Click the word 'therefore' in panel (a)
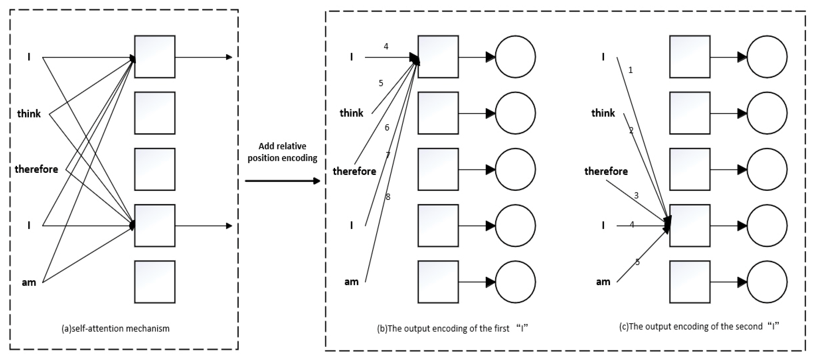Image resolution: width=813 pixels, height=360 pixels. pyautogui.click(x=36, y=169)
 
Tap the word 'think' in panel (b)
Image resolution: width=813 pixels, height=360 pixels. pyautogui.click(x=351, y=113)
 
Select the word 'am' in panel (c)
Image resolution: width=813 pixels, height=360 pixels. pyautogui.click(x=603, y=282)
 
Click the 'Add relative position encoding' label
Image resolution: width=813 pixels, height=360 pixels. pyautogui.click(x=282, y=152)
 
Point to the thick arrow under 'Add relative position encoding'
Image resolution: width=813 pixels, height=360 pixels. pyautogui.click(x=282, y=181)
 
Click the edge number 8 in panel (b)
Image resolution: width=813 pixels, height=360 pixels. pyautogui.click(x=388, y=197)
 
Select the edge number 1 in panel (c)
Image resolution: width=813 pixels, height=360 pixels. pyautogui.click(x=631, y=70)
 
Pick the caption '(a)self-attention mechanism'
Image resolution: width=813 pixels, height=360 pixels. pyautogui.click(x=115, y=329)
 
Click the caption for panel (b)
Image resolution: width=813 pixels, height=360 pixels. pyautogui.click(x=452, y=329)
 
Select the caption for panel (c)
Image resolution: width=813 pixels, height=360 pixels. pyautogui.click(x=699, y=326)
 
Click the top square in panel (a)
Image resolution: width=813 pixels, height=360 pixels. pyautogui.click(x=155, y=57)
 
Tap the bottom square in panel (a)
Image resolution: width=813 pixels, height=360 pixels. pyautogui.click(x=155, y=282)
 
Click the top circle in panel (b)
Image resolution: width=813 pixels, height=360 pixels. pyautogui.click(x=515, y=57)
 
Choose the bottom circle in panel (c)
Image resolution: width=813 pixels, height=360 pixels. pyautogui.click(x=767, y=282)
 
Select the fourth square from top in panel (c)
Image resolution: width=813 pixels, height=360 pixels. pyautogui.click(x=690, y=226)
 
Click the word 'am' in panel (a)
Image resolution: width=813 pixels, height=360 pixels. pyautogui.click(x=29, y=282)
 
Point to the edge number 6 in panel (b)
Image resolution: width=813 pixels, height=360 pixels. pyautogui.click(x=387, y=127)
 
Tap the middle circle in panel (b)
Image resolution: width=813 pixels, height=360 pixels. pyautogui.click(x=515, y=169)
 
